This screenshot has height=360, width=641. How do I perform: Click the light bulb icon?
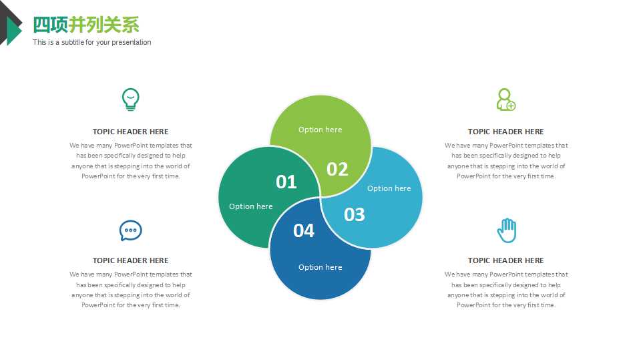coord(130,100)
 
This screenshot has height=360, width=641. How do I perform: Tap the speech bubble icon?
coord(131,230)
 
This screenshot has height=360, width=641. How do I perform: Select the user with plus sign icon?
coord(506,100)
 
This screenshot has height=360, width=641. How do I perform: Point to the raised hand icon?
coord(507,230)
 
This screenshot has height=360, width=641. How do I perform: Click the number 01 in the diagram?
coord(286,182)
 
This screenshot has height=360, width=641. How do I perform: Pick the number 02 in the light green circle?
coord(337,170)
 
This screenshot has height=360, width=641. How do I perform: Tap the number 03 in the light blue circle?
coord(355,215)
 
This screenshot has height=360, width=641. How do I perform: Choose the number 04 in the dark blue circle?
coord(304,230)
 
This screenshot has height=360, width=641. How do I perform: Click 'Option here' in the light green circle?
coord(320,130)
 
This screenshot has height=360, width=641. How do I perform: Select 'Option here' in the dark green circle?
coord(250,206)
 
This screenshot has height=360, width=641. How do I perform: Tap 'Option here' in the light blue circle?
coord(389,188)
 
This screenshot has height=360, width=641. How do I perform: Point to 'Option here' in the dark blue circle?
coord(320,267)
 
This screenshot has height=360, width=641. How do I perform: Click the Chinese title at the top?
coord(86,25)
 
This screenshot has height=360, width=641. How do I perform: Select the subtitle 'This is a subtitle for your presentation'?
coord(92,42)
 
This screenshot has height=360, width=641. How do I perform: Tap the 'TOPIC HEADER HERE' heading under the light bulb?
coord(130,132)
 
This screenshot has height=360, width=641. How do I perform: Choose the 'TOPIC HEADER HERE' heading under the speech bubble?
coord(130,260)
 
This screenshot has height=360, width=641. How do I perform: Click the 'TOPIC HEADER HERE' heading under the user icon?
coord(506,132)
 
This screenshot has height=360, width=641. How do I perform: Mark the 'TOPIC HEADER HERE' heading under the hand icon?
coord(506,260)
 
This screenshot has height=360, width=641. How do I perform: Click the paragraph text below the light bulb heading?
coord(130,161)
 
